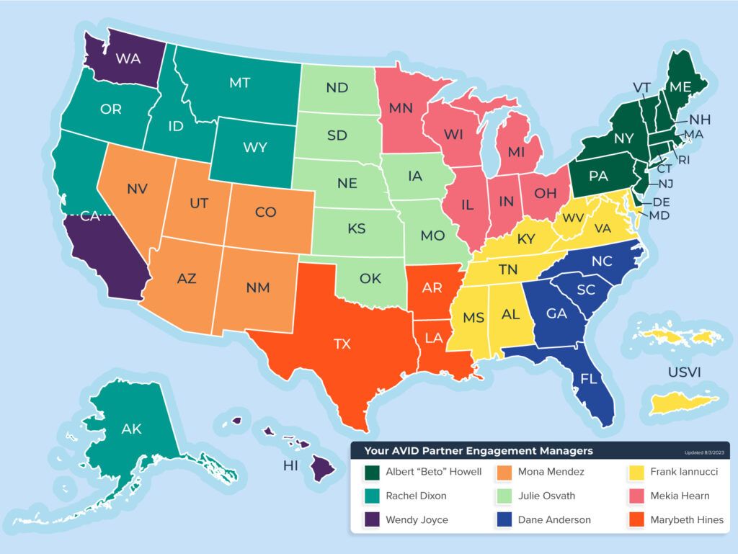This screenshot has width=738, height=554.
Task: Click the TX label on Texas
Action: [342, 344]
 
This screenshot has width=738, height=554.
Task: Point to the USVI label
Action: [685, 372]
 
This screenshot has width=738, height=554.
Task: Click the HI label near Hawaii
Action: [290, 465]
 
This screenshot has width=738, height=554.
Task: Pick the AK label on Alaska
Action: [131, 429]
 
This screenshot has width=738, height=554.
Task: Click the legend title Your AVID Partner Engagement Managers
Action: [479, 451]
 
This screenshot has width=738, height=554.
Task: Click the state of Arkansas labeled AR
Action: [432, 288]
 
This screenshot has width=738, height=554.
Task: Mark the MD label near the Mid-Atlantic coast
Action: [659, 215]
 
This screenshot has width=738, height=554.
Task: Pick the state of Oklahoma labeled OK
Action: [370, 278]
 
